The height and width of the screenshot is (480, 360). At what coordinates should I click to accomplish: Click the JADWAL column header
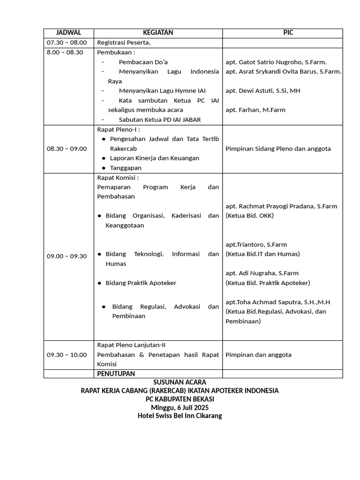click(68, 33)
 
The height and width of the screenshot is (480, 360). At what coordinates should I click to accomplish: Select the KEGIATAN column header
click(158, 33)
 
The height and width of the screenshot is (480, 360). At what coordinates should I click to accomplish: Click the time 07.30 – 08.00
click(67, 43)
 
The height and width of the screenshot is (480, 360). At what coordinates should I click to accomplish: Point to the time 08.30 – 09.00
click(67, 149)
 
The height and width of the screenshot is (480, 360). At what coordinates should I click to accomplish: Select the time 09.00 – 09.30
click(67, 256)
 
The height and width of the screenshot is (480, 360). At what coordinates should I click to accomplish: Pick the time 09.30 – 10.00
click(67, 355)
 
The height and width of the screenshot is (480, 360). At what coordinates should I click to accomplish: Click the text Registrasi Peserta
click(123, 43)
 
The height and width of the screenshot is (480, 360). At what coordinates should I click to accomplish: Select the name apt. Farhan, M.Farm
click(255, 110)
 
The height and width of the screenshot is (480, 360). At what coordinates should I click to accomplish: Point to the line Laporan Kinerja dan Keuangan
click(154, 158)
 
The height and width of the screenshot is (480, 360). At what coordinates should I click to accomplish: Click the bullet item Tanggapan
click(125, 168)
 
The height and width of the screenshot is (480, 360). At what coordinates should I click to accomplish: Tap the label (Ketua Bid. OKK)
click(249, 216)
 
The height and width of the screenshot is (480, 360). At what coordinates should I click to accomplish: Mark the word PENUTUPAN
click(116, 374)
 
